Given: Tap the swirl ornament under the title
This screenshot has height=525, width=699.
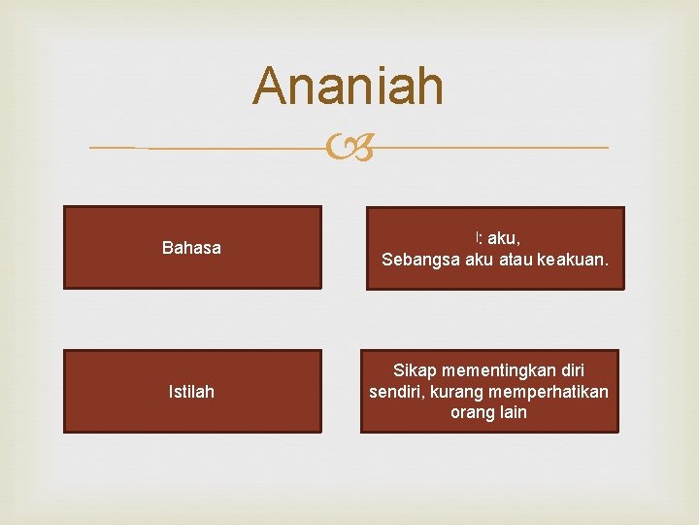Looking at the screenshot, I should click(x=349, y=149).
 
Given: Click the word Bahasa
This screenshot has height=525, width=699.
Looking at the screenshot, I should click(x=191, y=248).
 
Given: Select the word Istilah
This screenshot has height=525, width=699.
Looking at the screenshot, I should click(x=191, y=392).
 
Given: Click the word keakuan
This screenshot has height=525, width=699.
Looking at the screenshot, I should click(x=567, y=260).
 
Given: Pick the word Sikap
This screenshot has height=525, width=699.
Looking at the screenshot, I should click(x=415, y=370).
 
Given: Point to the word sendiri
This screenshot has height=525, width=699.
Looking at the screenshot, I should click(x=397, y=392).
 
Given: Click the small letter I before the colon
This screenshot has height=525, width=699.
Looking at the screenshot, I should click(x=477, y=237).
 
